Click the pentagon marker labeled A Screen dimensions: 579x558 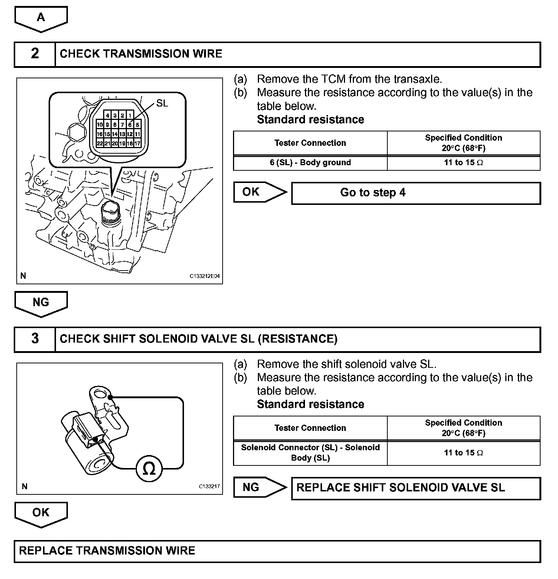click(41, 18)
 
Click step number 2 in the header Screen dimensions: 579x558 click(35, 54)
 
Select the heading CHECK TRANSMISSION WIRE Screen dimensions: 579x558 click(141, 54)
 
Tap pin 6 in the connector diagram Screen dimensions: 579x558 click(130, 125)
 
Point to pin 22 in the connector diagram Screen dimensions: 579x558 click(100, 144)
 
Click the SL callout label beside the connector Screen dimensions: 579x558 click(162, 103)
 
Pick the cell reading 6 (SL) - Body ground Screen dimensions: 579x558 click(310, 163)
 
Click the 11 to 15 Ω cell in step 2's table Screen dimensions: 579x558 click(463, 163)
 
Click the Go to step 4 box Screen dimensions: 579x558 click(416, 193)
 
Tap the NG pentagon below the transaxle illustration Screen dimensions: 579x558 click(41, 303)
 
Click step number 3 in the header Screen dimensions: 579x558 click(35, 338)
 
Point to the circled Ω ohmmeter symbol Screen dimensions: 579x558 click(149, 470)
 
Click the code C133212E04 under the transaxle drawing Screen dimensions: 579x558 click(204, 277)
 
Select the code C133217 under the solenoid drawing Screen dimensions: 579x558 click(209, 487)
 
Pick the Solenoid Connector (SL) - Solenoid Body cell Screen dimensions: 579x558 click(310, 453)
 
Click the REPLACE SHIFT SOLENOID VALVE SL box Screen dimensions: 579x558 click(416, 488)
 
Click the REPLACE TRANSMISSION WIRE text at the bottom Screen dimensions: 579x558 click(107, 551)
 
